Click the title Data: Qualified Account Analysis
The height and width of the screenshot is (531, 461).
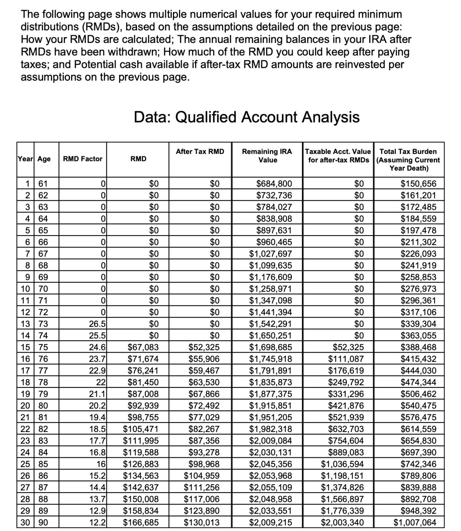click(247, 117)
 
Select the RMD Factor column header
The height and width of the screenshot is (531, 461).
click(83, 159)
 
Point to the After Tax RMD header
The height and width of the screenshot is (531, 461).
click(200, 152)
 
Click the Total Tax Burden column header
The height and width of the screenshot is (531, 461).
click(408, 160)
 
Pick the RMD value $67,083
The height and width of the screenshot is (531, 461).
click(143, 348)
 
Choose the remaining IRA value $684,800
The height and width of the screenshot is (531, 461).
click(274, 183)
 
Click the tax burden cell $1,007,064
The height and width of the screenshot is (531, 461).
click(415, 522)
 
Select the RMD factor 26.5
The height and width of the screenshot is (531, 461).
click(98, 324)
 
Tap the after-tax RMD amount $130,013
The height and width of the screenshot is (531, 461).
click(202, 522)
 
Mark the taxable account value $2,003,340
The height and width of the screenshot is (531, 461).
click(342, 522)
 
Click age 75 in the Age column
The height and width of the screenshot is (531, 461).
click(43, 348)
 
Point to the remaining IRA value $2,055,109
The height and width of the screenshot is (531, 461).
click(270, 488)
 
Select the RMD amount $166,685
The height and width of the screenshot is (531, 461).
click(141, 522)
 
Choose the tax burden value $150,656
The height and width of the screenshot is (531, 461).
click(418, 183)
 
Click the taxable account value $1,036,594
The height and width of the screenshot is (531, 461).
click(342, 464)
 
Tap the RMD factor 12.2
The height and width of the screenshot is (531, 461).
click(98, 522)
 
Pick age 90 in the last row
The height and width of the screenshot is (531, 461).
click(43, 522)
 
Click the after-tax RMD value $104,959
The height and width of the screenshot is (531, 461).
click(202, 476)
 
